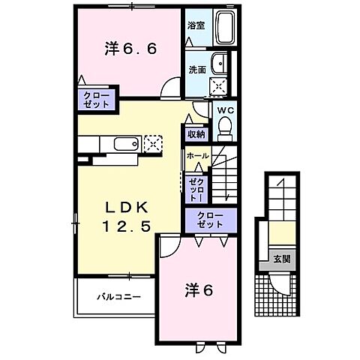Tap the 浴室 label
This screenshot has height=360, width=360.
[196, 25]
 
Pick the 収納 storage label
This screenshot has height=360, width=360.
[196, 134]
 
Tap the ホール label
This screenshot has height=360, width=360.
[197, 155]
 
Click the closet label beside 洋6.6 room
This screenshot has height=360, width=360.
[95, 100]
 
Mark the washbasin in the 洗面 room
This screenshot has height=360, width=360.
[219, 63]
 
